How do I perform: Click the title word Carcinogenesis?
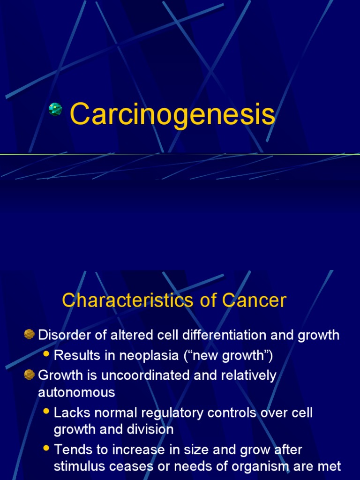pyautogui.click(x=172, y=115)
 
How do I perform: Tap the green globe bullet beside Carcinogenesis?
pyautogui.click(x=56, y=109)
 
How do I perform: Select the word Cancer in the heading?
pyautogui.click(x=254, y=300)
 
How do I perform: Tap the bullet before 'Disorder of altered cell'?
pyautogui.click(x=30, y=335)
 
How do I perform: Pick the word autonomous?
pyautogui.click(x=76, y=392)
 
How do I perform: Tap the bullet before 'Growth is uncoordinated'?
pyautogui.click(x=30, y=375)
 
